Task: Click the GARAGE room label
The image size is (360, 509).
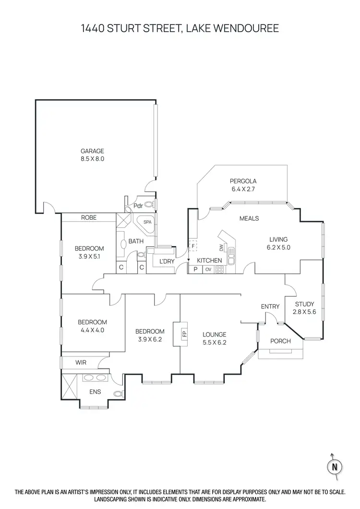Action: (92, 151)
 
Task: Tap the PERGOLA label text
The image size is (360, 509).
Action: (243, 181)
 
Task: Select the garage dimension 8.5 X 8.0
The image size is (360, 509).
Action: (92, 159)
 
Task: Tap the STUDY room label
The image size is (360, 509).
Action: (304, 304)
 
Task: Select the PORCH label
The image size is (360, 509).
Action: (281, 341)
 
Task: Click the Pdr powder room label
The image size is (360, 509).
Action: (137, 206)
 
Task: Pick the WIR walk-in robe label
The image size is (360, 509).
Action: (81, 363)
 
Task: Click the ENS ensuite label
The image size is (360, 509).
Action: (95, 392)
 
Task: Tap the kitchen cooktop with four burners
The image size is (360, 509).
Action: (219, 269)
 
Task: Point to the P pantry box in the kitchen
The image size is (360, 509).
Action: (196, 269)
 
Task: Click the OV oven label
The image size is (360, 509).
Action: (208, 269)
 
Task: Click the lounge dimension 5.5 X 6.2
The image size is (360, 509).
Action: (214, 343)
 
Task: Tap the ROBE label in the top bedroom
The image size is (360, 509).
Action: (89, 217)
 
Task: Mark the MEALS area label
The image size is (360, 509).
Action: (249, 218)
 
